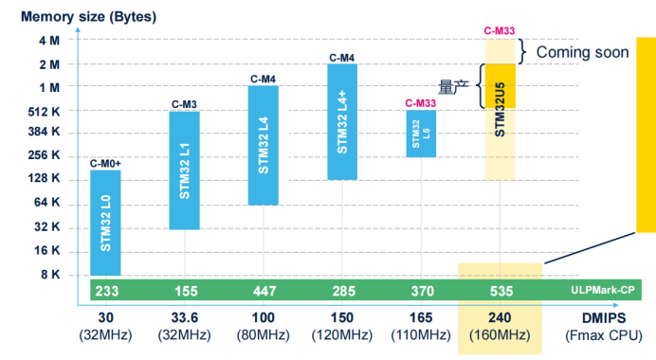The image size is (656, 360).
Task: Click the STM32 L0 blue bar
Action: click(x=105, y=223)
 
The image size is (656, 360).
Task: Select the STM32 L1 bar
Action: click(x=185, y=171)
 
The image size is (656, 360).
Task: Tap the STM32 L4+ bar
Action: click(x=342, y=122)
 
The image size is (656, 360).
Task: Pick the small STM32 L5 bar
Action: click(x=421, y=134)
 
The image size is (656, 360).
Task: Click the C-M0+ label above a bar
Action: click(x=105, y=164)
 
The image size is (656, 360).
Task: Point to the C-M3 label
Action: click(x=184, y=104)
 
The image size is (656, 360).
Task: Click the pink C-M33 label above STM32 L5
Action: click(x=421, y=103)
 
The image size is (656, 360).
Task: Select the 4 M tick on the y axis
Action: click(x=49, y=41)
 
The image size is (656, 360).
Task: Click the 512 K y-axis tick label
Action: click(x=44, y=112)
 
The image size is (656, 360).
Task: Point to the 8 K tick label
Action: click(x=50, y=275)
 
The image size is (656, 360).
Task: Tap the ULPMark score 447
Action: click(x=264, y=291)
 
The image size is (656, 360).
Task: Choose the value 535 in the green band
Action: click(x=501, y=291)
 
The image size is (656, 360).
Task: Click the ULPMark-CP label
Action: click(x=603, y=290)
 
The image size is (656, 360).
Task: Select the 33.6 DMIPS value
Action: click(x=185, y=317)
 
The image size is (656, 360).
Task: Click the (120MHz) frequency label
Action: click(x=342, y=335)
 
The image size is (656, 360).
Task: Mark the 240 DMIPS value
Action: click(x=500, y=317)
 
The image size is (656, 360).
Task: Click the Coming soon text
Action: click(x=582, y=52)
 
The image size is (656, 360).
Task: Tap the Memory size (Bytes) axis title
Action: click(x=89, y=17)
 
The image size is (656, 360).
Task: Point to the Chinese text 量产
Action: click(x=453, y=87)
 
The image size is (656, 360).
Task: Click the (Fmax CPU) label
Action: click(x=604, y=335)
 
